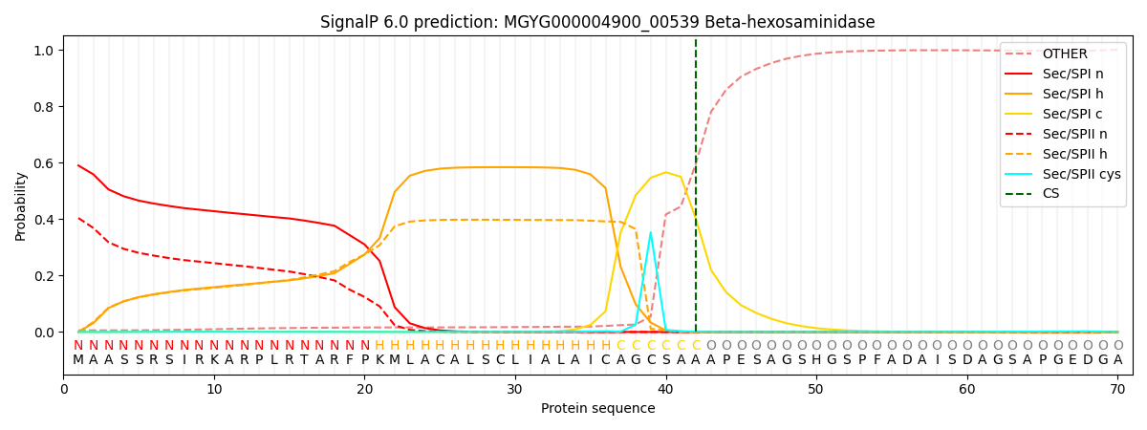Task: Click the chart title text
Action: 597,22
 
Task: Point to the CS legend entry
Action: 1051,194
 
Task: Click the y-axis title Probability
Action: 21,205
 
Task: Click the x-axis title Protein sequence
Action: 597,409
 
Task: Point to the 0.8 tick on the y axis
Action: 45,106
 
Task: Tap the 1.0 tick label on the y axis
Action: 45,50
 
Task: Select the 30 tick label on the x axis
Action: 514,390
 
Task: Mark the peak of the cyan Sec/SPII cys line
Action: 651,232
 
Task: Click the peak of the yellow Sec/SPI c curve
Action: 666,172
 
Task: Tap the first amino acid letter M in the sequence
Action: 78,359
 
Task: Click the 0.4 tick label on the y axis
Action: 45,219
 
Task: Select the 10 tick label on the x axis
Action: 214,390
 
